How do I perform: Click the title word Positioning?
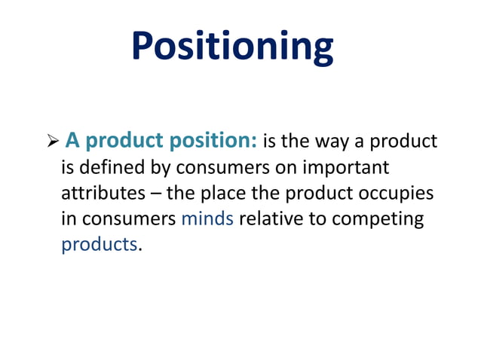[232, 47]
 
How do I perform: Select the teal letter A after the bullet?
[72, 140]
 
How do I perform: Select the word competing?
[378, 219]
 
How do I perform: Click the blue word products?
[99, 245]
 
